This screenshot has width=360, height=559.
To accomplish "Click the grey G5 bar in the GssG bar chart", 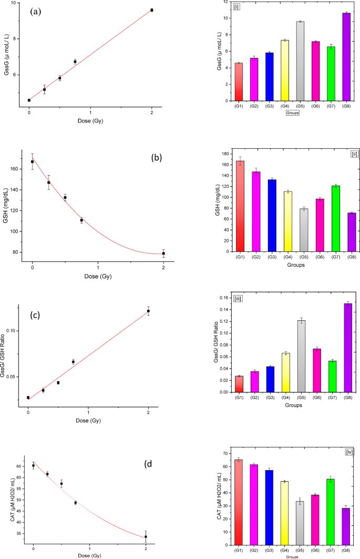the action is [300, 62].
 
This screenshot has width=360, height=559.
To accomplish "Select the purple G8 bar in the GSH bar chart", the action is [352, 232].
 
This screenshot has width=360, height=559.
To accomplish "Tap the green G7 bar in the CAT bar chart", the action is [331, 512].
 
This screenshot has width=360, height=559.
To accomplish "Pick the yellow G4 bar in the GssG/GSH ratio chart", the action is [286, 372].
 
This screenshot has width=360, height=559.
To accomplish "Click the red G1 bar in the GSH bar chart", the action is [240, 206].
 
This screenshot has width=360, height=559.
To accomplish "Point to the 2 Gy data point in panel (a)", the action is [152, 10].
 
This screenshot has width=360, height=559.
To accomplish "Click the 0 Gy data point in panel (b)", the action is [33, 161].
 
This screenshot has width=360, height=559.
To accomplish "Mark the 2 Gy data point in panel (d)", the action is [146, 536].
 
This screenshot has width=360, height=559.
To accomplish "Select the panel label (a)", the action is [36, 12].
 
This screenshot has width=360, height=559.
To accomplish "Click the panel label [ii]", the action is [355, 155].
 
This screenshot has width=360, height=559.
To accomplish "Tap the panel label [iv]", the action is [349, 452].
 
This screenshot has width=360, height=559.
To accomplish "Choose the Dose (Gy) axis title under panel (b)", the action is [98, 276].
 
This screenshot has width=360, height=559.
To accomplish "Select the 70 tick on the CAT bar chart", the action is [225, 453].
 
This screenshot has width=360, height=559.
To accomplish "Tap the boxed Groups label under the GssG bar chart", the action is [293, 113].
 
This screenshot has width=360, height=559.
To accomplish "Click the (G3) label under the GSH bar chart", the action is [272, 257].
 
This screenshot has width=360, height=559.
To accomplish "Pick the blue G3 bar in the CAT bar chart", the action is [269, 507].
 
